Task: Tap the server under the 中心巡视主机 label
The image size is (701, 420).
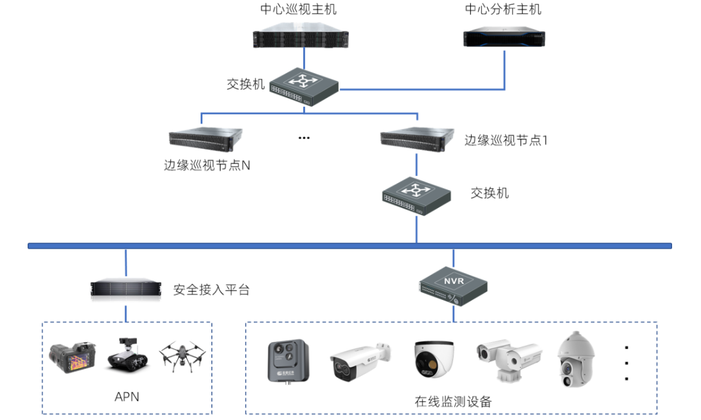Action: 301,37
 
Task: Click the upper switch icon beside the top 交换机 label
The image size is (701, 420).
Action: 304,85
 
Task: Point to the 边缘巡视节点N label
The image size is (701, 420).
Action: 206,165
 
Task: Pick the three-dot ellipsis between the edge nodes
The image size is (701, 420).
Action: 305,138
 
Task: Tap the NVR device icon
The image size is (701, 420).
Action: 454,286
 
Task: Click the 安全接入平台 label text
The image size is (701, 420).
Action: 211,290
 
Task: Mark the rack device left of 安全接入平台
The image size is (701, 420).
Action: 126,288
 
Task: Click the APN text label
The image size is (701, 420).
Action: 127,397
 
